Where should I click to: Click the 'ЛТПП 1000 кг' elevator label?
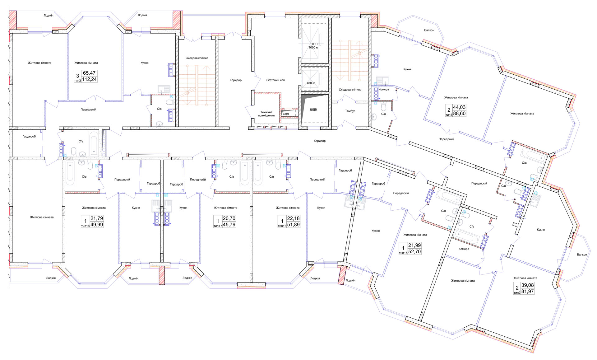coord(314,46)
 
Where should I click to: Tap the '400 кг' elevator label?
coord(311,83)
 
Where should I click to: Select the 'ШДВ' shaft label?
coord(313,110)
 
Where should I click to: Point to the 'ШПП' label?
coord(286,114)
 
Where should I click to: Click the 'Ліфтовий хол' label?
coord(275,80)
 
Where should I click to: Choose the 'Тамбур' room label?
coord(350,111)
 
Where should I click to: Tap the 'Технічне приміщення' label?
coord(266,114)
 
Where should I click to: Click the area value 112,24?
coord(90,79)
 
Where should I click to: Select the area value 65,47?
coord(90,73)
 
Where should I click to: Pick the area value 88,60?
coord(459,114)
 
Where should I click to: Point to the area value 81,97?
coord(528,292)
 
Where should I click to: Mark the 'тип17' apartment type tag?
coord(218,226)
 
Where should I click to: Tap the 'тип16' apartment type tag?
coord(282,226)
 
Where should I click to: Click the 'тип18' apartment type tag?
coord(85,226)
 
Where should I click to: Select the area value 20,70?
coord(229,218)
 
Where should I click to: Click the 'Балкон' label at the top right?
coord(429,30)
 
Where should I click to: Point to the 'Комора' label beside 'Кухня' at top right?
coord(384,90)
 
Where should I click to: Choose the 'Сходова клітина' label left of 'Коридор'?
coord(197,58)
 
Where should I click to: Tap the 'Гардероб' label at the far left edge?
coord(29,136)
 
